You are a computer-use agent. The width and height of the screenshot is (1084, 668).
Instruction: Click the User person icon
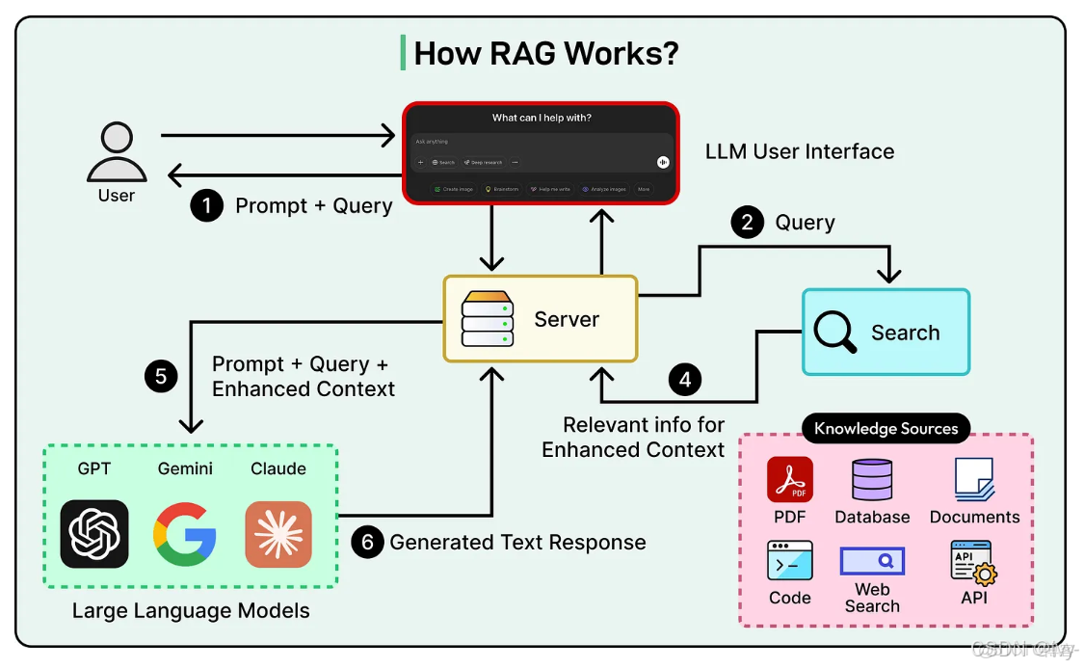pos(117,153)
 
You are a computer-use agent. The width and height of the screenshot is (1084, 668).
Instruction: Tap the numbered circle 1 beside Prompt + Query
pos(206,205)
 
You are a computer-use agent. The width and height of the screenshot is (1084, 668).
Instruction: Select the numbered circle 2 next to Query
pos(747,223)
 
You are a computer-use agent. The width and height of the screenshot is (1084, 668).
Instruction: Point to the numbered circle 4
pos(685,380)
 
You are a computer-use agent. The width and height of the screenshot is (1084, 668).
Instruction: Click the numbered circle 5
pos(161,375)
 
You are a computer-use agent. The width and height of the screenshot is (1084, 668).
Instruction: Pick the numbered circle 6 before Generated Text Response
pos(367,543)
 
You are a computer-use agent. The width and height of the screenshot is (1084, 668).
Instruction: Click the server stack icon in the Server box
pos(488,319)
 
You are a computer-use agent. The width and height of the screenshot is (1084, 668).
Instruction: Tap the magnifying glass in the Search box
pos(834,333)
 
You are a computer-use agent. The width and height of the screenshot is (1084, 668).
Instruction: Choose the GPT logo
pos(94,533)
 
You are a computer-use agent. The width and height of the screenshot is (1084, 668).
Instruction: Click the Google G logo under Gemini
pos(185,533)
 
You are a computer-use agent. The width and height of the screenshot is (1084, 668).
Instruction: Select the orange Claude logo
pos(278,533)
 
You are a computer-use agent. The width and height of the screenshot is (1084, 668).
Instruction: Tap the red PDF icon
pos(790,479)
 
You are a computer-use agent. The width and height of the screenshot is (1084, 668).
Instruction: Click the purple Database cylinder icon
pos(872,479)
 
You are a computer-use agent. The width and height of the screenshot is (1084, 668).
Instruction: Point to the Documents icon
pos(974,479)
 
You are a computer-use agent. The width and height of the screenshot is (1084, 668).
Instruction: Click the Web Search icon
pos(872,560)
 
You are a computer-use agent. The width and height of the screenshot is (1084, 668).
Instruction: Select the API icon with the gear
pos(973,561)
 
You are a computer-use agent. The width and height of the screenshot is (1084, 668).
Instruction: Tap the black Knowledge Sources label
pos(886,429)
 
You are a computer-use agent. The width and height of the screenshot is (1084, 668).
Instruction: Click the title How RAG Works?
pos(545,53)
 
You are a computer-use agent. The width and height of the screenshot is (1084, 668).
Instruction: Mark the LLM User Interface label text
pos(800,151)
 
